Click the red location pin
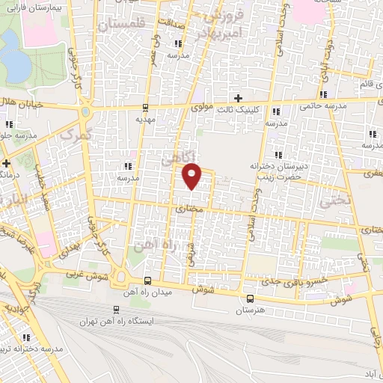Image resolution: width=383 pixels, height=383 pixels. (192, 176)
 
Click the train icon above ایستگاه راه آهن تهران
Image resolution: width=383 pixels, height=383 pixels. (115, 309)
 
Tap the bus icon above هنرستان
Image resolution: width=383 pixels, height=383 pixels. (250, 298)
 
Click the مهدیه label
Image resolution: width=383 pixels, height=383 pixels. (144, 118)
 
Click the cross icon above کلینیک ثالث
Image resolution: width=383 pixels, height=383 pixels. (238, 98)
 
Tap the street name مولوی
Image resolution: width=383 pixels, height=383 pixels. (203, 108)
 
